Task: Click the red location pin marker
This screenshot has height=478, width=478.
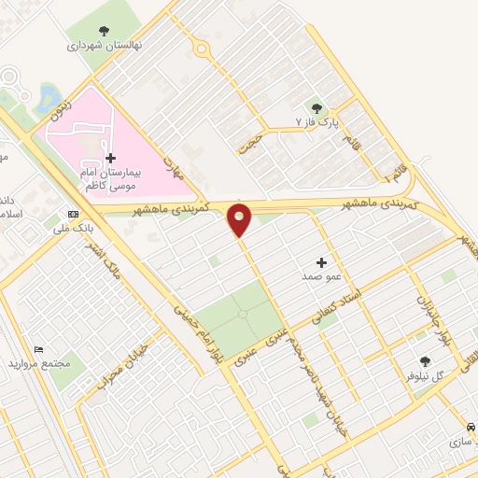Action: pyautogui.click(x=240, y=218)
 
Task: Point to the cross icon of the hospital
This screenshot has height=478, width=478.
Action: pyautogui.click(x=111, y=159)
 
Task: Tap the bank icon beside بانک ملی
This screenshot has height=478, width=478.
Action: pyautogui.click(x=73, y=212)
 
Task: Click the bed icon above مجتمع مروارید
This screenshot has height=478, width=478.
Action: pyautogui.click(x=39, y=348)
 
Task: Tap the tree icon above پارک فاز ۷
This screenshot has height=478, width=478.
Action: pyautogui.click(x=316, y=107)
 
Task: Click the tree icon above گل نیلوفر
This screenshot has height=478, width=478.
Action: pyautogui.click(x=426, y=358)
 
